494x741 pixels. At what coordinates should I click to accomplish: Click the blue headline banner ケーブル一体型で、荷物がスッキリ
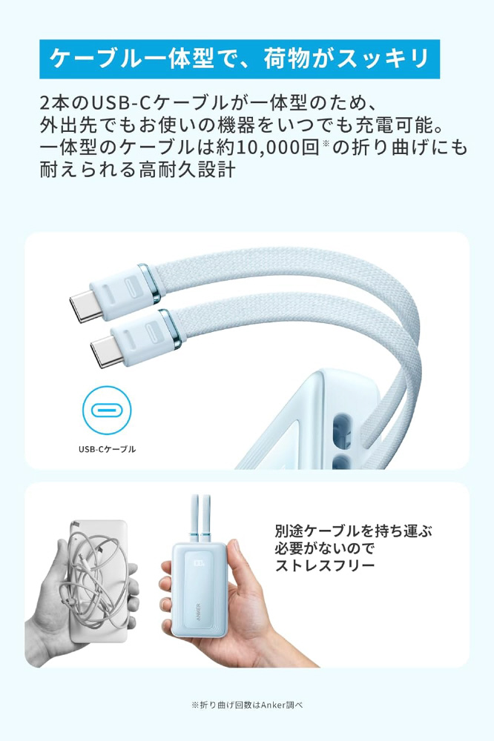(240, 59)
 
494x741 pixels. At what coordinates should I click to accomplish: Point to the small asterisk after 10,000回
(326, 142)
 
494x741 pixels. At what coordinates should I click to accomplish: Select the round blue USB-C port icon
(107, 411)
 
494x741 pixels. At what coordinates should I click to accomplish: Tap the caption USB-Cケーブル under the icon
(107, 449)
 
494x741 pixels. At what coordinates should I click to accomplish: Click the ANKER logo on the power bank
(198, 612)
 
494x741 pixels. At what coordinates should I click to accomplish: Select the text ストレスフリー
(325, 565)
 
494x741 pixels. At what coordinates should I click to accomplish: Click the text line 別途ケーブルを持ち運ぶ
(354, 531)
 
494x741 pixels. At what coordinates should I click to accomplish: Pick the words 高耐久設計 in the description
(187, 170)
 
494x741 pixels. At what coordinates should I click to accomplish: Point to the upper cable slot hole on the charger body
(342, 428)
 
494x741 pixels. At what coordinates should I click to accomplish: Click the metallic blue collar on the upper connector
(150, 282)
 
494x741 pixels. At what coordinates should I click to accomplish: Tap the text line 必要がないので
(325, 548)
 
